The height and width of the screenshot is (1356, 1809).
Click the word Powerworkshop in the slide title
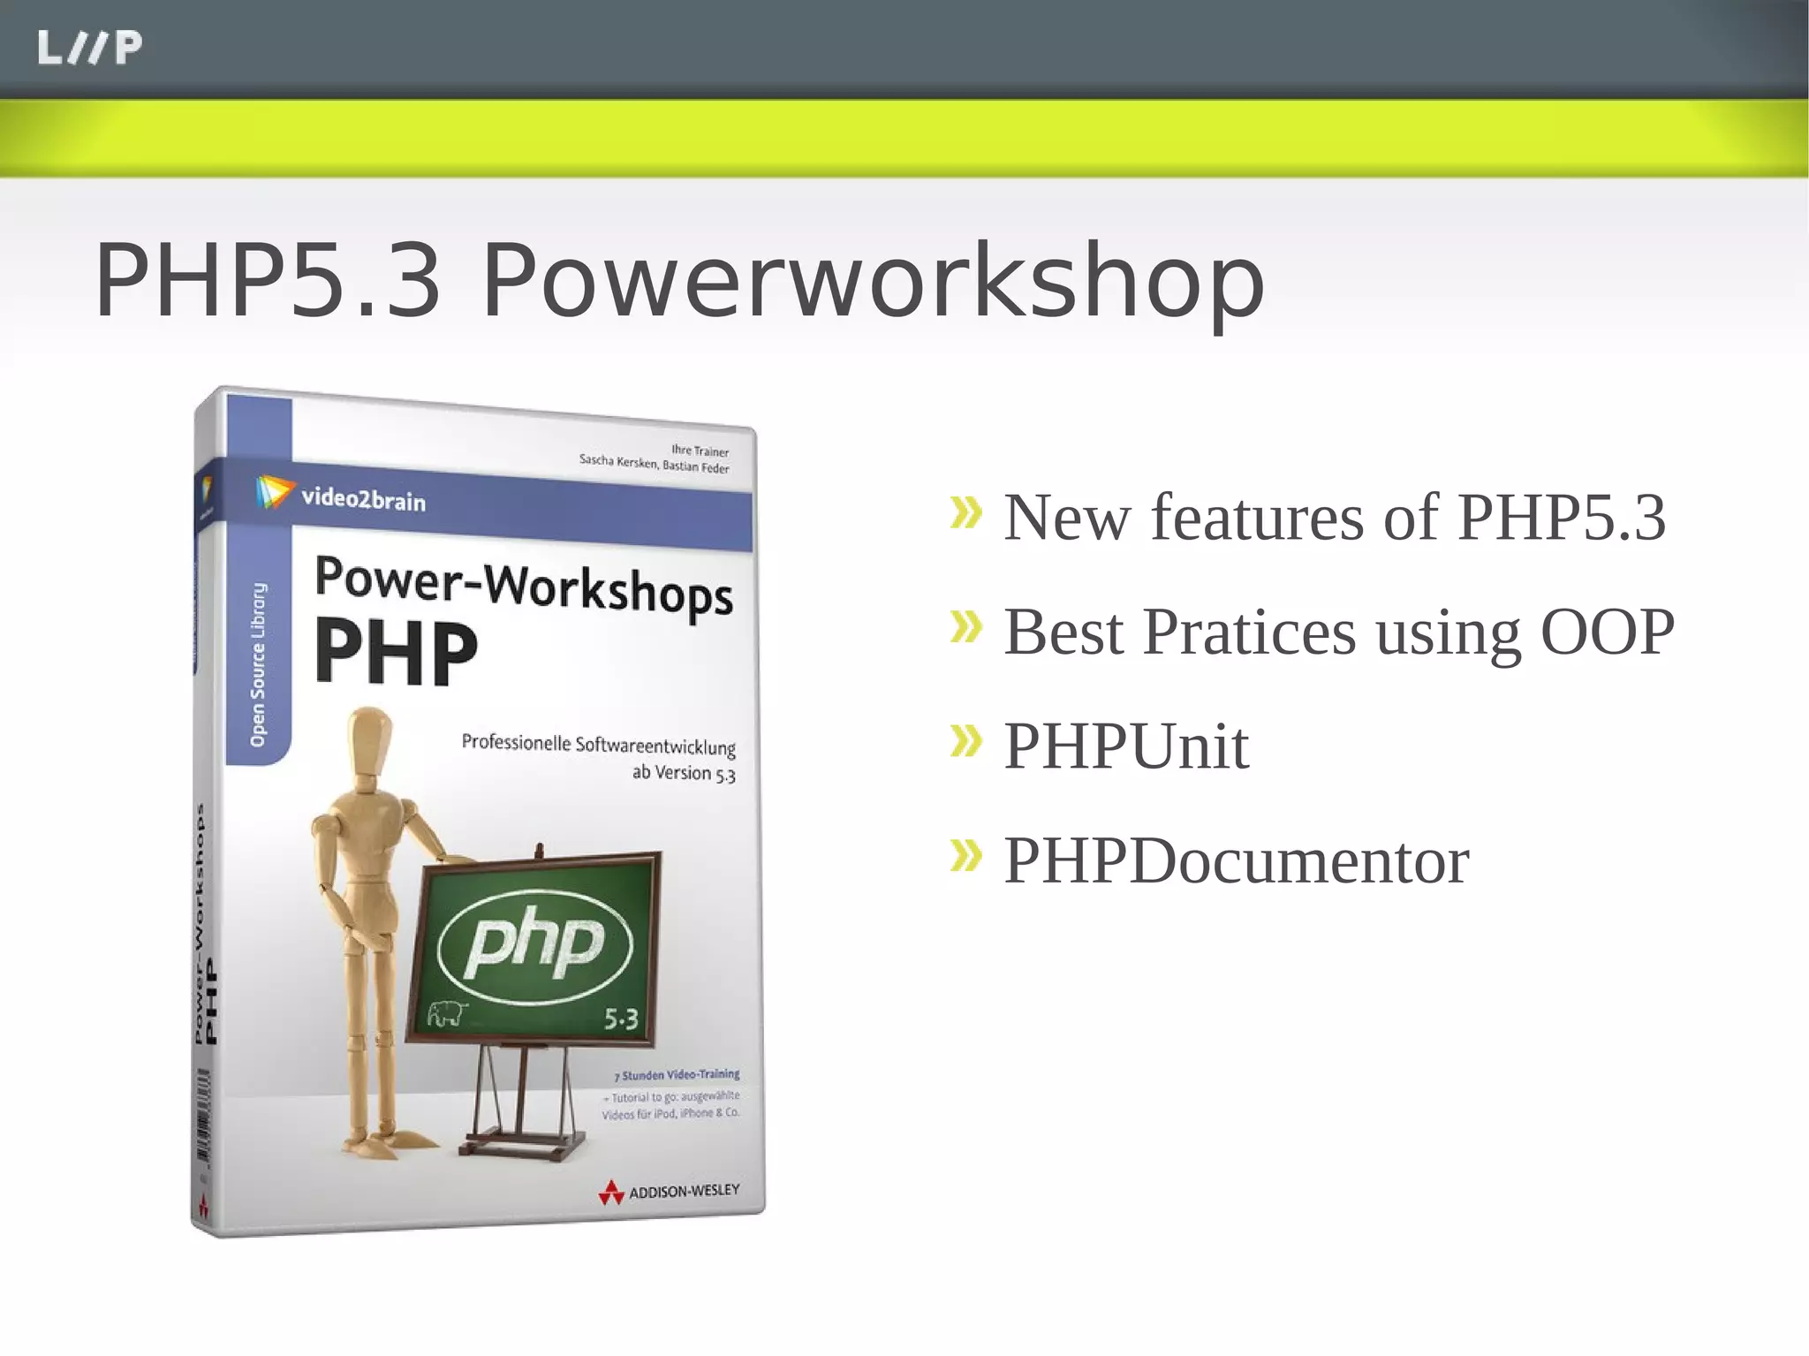(873, 281)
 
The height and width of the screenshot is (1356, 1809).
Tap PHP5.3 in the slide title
(267, 281)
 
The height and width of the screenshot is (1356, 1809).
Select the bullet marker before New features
(966, 513)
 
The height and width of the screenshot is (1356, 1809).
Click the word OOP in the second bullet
(1607, 632)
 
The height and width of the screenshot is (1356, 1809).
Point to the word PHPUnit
(1126, 746)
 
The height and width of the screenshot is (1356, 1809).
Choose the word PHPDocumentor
(1236, 860)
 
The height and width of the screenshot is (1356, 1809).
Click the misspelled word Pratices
(1249, 632)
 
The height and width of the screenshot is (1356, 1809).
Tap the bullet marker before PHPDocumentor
(966, 855)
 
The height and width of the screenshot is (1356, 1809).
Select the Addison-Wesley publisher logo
(669, 1192)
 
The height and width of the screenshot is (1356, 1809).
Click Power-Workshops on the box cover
(523, 586)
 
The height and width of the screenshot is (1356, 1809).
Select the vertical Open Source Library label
(258, 663)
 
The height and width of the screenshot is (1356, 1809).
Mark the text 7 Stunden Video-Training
(676, 1075)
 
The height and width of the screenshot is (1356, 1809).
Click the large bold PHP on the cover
(396, 653)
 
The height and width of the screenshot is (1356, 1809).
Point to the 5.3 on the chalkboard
(620, 1020)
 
